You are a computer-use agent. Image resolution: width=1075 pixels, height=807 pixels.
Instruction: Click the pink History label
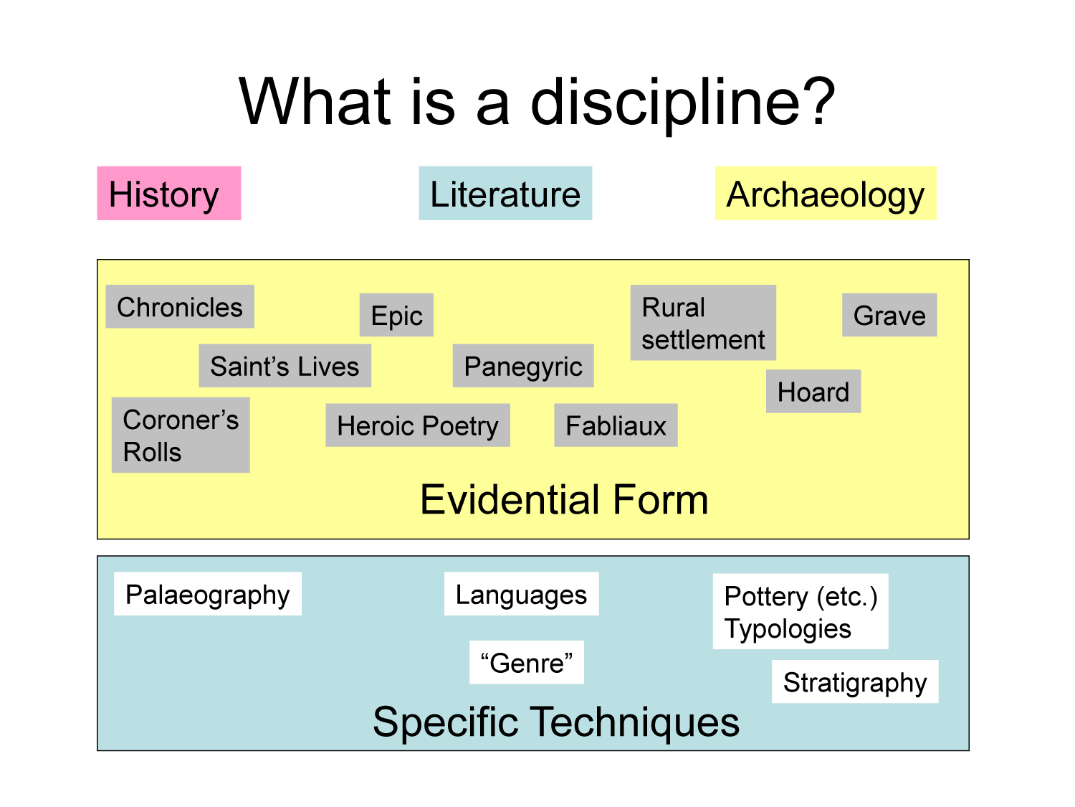[x=168, y=194]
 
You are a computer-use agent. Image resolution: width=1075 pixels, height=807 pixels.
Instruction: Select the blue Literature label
[x=505, y=194]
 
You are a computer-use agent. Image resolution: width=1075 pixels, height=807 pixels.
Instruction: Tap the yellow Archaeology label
[x=826, y=194]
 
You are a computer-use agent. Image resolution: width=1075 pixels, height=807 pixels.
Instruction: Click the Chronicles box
[x=180, y=307]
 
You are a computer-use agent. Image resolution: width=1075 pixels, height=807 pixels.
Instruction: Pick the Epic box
[x=396, y=315]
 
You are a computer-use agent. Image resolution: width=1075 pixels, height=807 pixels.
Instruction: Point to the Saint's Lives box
[x=285, y=366]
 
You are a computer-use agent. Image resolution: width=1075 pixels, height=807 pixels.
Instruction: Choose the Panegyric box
[x=523, y=366]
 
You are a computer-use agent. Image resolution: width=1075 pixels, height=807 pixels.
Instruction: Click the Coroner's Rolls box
[x=181, y=435]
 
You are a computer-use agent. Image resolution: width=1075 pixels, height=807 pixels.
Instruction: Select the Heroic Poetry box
[x=418, y=425]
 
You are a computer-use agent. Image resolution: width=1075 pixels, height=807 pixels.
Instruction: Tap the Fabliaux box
[x=616, y=425]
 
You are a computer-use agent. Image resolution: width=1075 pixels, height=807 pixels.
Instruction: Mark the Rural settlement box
[x=703, y=323]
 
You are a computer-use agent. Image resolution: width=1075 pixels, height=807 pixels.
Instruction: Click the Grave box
[x=889, y=315]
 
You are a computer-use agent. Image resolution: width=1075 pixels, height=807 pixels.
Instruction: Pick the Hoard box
[x=813, y=392]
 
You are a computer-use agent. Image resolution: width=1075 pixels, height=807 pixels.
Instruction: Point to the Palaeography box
[x=208, y=594]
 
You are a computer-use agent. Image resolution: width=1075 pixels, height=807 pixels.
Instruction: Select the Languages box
[x=521, y=594]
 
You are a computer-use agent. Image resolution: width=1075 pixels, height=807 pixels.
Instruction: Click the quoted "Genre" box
[x=527, y=663]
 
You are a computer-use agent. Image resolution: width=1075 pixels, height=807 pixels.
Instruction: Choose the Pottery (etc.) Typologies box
[x=801, y=612]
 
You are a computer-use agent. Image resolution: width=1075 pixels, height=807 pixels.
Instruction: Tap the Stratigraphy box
[x=855, y=681]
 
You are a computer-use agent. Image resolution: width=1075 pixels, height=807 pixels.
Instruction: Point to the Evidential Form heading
[x=564, y=499]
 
